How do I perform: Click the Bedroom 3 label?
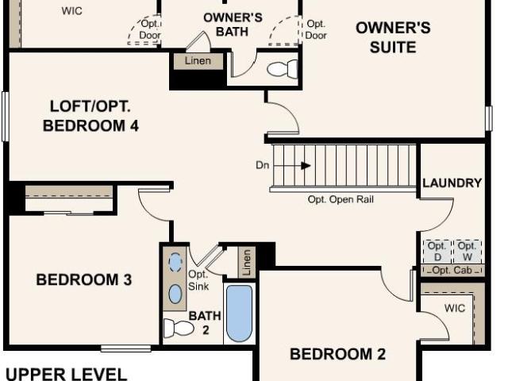(84, 279)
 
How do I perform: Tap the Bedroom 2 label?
(337, 354)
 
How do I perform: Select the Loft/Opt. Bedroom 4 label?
(90, 116)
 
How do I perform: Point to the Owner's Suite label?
(393, 37)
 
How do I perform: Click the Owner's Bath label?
(233, 25)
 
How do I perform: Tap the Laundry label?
(452, 183)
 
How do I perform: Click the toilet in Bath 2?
(178, 328)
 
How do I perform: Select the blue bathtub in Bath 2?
(239, 314)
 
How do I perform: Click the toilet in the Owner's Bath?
(283, 69)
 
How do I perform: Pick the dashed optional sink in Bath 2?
(175, 262)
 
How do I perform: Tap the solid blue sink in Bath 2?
(175, 294)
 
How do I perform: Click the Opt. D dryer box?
(437, 252)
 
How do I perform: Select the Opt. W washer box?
(467, 252)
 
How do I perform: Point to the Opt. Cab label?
(452, 270)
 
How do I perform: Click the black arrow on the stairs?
(306, 166)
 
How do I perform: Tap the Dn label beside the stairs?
(263, 165)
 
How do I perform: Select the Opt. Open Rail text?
(341, 199)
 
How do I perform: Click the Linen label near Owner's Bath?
(198, 60)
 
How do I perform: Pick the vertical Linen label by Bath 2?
(247, 262)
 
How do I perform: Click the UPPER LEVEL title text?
(67, 374)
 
